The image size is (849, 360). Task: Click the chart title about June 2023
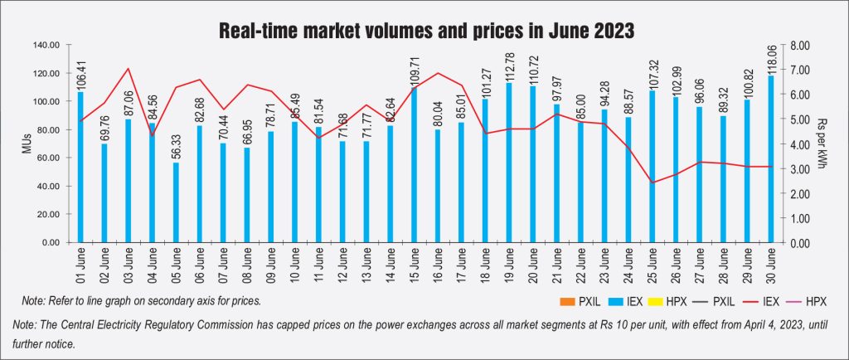coord(424,32)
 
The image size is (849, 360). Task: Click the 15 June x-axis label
coord(415,270)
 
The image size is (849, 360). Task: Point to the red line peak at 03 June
coord(128,69)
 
